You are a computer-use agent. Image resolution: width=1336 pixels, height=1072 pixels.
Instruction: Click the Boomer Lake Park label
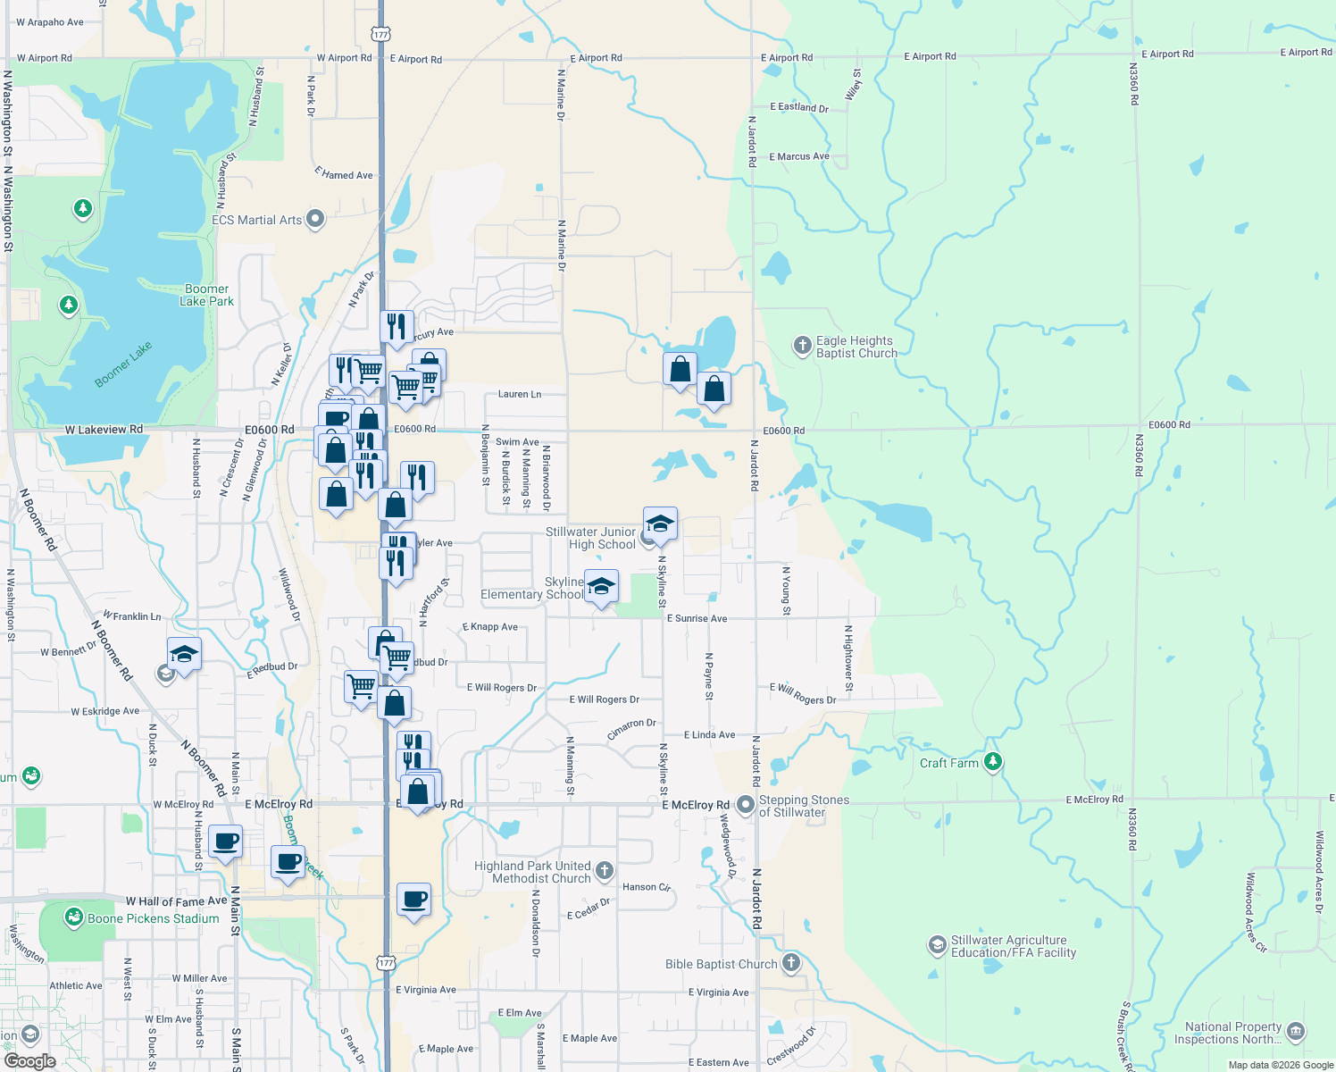pyautogui.click(x=207, y=295)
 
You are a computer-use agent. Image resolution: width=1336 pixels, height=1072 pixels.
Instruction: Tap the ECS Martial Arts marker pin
pyautogui.click(x=315, y=219)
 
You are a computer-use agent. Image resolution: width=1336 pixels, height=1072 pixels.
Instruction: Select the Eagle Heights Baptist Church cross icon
pyautogui.click(x=802, y=345)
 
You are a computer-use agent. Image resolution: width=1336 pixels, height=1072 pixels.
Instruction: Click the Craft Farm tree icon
pyautogui.click(x=993, y=762)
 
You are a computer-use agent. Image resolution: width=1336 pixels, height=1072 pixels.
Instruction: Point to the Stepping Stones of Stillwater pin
pyautogui.click(x=746, y=805)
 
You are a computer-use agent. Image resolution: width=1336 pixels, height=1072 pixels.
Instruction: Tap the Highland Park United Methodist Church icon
pyautogui.click(x=605, y=871)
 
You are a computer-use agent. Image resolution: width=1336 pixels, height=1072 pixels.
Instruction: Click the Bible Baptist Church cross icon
pyautogui.click(x=791, y=963)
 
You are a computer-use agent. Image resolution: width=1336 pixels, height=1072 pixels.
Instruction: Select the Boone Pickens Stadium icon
pyautogui.click(x=74, y=917)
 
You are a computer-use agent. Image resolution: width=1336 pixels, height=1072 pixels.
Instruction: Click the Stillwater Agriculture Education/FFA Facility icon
pyautogui.click(x=937, y=945)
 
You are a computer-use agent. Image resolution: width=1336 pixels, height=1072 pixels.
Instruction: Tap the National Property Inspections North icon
pyautogui.click(x=1296, y=1032)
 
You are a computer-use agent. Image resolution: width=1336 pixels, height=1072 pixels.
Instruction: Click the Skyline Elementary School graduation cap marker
pyautogui.click(x=601, y=586)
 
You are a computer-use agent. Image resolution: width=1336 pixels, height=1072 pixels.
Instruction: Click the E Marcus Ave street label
pyautogui.click(x=799, y=156)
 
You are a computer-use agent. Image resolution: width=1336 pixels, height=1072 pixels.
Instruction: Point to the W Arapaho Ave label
pyautogui.click(x=50, y=22)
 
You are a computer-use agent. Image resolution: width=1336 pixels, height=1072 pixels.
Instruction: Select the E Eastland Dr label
pyautogui.click(x=799, y=107)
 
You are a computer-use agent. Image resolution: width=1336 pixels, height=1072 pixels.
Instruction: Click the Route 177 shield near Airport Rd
pyautogui.click(x=381, y=34)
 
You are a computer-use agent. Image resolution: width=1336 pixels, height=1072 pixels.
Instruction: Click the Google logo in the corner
pyautogui.click(x=29, y=1061)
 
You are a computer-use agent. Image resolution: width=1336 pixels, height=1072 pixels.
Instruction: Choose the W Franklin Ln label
pyautogui.click(x=132, y=616)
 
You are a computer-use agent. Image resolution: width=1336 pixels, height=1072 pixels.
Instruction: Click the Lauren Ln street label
pyautogui.click(x=520, y=394)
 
